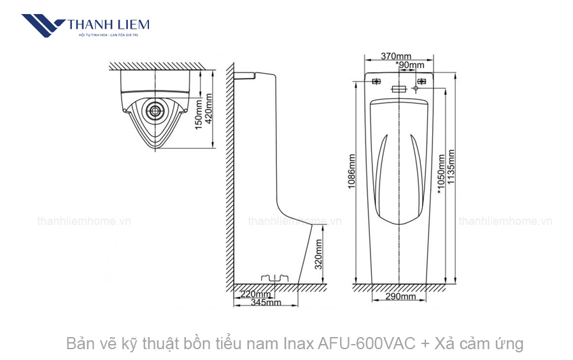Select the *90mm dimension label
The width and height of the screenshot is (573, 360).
coord(411,65)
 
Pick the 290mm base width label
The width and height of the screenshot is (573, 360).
coord(400,296)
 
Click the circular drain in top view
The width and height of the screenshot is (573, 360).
coord(155,110)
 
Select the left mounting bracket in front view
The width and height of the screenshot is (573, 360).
coord(376,82)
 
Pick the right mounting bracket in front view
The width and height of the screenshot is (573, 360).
coord(421,82)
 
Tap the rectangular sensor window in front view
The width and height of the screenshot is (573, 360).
coord(399,89)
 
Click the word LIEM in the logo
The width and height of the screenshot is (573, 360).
coord(131,24)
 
